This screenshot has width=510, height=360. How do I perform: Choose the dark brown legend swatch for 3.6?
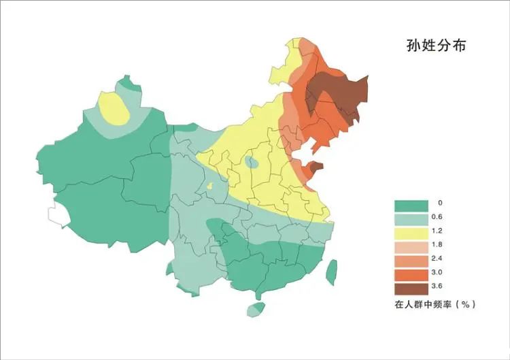[411, 287]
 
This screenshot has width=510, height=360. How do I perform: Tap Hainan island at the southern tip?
[255, 310]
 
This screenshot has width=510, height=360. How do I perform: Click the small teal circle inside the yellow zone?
[252, 162]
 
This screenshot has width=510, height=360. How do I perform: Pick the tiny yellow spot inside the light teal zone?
[210, 186]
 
